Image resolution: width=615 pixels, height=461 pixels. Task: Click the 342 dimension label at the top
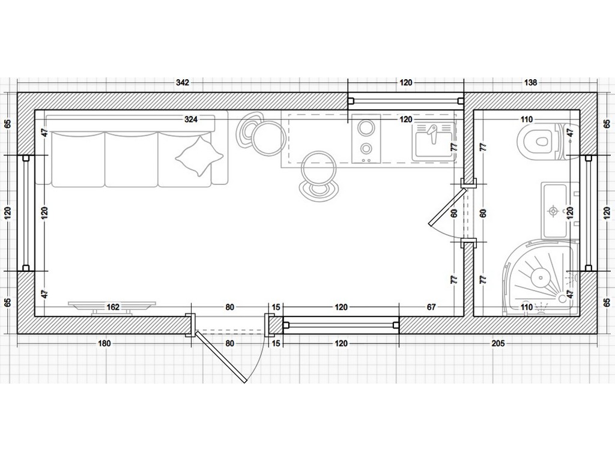coord(183,82)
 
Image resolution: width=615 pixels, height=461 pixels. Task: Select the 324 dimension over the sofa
coord(191,119)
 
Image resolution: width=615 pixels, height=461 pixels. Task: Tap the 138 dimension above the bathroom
coord(530,82)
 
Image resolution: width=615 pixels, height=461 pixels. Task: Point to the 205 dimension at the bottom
coord(498,343)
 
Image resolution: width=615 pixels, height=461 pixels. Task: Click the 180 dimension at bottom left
coord(104,343)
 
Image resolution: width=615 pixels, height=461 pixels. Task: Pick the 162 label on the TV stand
coord(113,307)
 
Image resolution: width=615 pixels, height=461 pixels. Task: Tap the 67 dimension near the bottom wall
coord(431,307)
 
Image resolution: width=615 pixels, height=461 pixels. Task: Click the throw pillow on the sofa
coord(199,157)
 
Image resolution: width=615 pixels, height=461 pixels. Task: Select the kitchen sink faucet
coord(432,134)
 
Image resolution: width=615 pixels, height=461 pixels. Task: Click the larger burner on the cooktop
coord(366,128)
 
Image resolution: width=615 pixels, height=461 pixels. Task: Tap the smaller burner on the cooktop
coord(366,149)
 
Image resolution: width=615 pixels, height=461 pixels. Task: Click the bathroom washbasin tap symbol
coord(553,211)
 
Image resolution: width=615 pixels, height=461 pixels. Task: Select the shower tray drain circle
coord(541,278)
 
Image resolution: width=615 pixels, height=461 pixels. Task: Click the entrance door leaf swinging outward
coord(222,357)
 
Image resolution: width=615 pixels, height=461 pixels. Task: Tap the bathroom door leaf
coord(447,207)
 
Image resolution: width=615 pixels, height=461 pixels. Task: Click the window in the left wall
coord(26,213)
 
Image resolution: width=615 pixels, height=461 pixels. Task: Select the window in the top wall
coord(406,101)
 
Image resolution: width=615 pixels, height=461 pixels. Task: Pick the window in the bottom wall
coord(341,325)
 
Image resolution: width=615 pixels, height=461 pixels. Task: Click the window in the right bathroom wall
coord(589,213)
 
